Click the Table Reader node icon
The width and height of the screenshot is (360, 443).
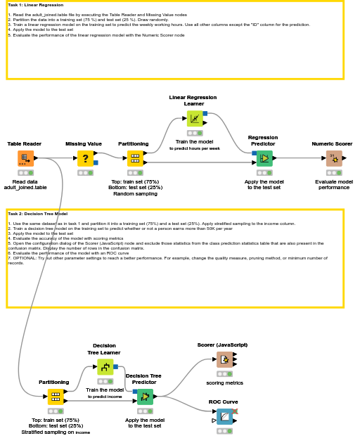click(25, 158)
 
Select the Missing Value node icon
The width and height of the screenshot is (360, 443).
click(85, 158)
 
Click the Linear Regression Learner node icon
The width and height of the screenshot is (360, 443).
click(195, 118)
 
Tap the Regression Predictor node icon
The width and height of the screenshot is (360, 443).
click(264, 158)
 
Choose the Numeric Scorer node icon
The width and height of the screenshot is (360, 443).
click(334, 158)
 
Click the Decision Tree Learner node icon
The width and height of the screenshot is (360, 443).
click(105, 366)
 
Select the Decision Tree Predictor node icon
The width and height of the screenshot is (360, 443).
click(144, 397)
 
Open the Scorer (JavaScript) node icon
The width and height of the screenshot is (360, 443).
click(224, 359)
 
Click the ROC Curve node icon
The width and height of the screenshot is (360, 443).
click(224, 416)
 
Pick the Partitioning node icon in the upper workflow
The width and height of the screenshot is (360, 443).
click(134, 158)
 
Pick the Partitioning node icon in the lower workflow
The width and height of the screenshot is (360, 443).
click(56, 397)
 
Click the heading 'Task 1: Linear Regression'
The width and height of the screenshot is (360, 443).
click(35, 5)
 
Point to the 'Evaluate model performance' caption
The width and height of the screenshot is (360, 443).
click(334, 184)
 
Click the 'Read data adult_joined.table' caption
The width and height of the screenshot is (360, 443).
click(25, 184)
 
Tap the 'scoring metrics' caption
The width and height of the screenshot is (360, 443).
click(224, 383)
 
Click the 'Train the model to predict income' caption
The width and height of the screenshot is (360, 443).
click(105, 393)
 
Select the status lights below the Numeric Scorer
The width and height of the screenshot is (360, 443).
click(334, 173)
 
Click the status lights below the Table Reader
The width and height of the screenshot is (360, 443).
click(25, 173)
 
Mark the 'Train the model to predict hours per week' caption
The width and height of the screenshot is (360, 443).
click(195, 145)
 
